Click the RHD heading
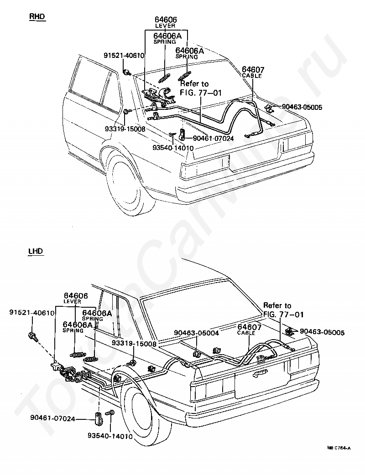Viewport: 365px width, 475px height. coord(37,16)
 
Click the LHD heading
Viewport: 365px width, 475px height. coord(36,251)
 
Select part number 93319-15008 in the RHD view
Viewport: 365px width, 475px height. coord(125,129)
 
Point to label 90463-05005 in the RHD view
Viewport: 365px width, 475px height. coord(302,107)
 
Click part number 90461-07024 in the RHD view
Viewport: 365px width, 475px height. coord(214,139)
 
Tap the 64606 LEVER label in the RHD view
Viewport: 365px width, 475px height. coord(165,23)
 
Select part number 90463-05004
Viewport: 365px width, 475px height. coord(197,333)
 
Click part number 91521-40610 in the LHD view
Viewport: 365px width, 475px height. coord(32,312)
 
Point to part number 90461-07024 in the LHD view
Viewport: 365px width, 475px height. coord(52,418)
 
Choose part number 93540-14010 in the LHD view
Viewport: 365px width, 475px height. coord(110,436)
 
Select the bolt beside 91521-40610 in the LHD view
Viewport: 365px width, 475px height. coord(32,336)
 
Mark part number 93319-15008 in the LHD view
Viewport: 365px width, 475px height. coord(134,343)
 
